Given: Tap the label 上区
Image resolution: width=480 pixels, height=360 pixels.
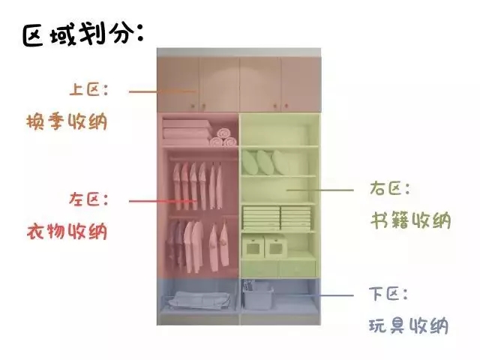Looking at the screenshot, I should click(x=89, y=90).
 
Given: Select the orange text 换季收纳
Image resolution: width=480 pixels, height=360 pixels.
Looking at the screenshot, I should click(x=66, y=121).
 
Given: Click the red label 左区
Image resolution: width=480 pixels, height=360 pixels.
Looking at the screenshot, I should click(x=89, y=199).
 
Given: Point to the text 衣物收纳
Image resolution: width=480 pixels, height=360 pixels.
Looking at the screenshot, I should click(x=66, y=231).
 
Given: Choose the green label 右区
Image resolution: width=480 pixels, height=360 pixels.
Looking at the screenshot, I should click(x=389, y=187).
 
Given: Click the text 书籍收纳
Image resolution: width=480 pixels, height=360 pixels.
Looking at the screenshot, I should click(x=411, y=220).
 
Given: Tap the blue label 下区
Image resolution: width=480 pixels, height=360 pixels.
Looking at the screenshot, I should click(x=389, y=294).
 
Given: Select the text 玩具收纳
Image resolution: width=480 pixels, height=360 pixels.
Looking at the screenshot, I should click(x=409, y=326).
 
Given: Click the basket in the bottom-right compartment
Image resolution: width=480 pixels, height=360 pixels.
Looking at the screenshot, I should click(x=259, y=295).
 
